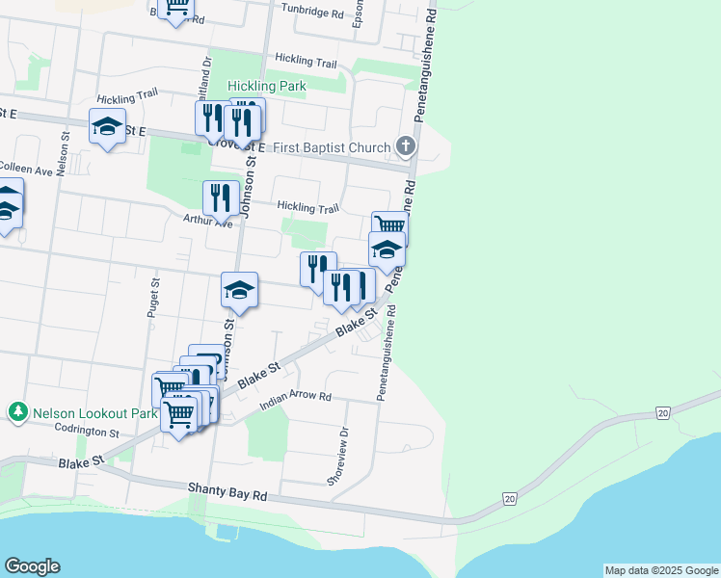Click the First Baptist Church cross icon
(x=406, y=146)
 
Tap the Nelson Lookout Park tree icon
(x=17, y=412)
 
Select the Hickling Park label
(x=267, y=86)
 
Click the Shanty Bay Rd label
(x=227, y=493)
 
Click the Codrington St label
(x=86, y=432)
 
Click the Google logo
(x=32, y=566)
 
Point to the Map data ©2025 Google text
(x=661, y=570)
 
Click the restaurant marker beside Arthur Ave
(x=221, y=198)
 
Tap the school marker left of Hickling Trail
(x=107, y=126)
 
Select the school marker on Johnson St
(x=239, y=290)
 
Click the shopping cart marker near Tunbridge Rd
(x=176, y=8)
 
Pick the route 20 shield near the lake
(x=508, y=498)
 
